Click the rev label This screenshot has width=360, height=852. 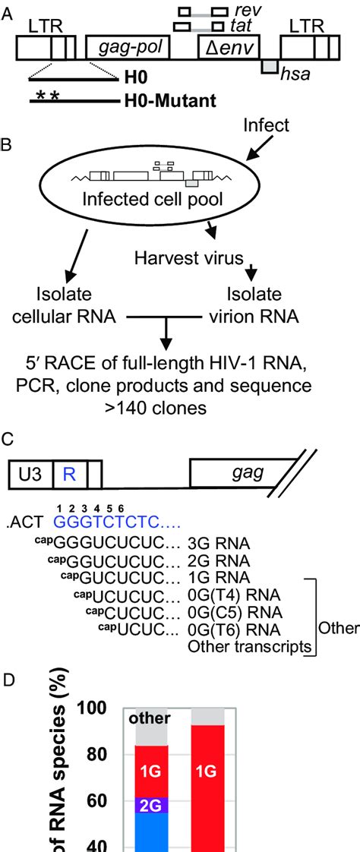(245, 11)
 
